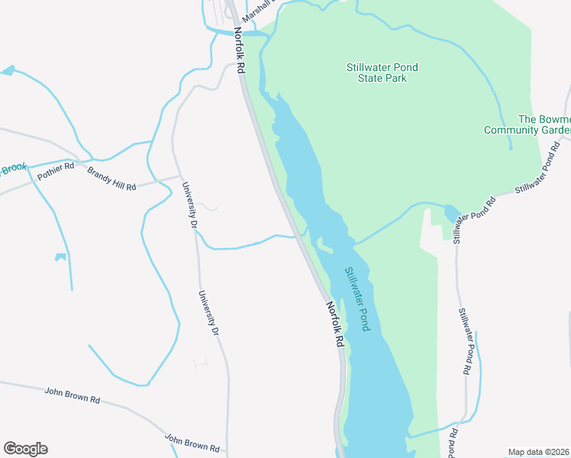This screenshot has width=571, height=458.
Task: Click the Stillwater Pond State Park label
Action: coord(382,73)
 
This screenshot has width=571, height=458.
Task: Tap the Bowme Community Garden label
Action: coord(527,124)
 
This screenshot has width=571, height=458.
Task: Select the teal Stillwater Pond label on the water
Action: coord(356,298)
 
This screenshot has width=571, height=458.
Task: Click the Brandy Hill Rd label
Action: coord(111,179)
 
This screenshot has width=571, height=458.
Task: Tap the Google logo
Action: coord(25,449)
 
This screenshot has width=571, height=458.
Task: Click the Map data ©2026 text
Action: coord(539,452)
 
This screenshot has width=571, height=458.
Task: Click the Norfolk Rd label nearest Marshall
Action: coord(240,50)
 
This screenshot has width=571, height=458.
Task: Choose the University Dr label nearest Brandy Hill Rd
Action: coord(189,205)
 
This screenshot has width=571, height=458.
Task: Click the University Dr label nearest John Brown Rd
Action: coord(208,314)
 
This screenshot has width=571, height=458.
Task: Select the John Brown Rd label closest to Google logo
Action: coord(73,395)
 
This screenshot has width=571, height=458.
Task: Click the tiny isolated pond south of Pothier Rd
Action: coord(60,256)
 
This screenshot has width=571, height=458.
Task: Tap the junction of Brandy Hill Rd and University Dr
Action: coord(179,177)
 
